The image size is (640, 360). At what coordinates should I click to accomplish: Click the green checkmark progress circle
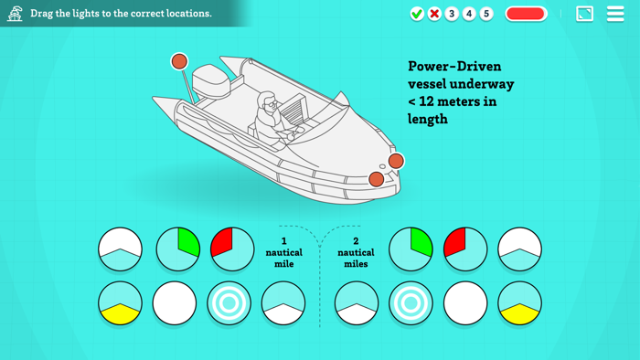pos(417,14)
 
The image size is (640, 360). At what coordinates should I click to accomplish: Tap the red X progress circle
pos(434,14)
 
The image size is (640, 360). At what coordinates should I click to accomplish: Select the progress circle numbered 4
pos(469,14)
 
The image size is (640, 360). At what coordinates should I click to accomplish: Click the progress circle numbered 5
pos(486,14)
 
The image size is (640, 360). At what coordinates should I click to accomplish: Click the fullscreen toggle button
pos(584,14)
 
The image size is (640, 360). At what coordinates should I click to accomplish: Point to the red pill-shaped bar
pos(526,14)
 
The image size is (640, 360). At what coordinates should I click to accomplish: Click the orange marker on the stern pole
pos(179,61)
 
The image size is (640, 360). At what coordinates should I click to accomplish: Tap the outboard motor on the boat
pos(211,81)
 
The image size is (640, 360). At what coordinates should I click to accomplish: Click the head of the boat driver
pos(267,102)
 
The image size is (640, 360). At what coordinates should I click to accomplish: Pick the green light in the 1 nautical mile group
pos(178,249)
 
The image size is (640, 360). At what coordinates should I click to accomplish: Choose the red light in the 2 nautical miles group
pos(465,249)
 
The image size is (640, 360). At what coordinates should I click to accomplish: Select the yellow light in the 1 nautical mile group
pos(120,303)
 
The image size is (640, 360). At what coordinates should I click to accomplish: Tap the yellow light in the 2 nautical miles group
pos(519,303)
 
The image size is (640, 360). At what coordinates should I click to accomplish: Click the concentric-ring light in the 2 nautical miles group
pos(411,303)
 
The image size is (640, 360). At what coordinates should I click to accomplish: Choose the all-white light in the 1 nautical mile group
pos(175,303)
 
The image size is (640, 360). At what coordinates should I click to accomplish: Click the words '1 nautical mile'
pos(284,252)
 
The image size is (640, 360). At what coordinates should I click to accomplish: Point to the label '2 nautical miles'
pos(356,252)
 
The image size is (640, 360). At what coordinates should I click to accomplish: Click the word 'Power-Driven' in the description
pos(454,66)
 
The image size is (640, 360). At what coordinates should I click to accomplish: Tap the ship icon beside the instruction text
pos(15,14)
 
